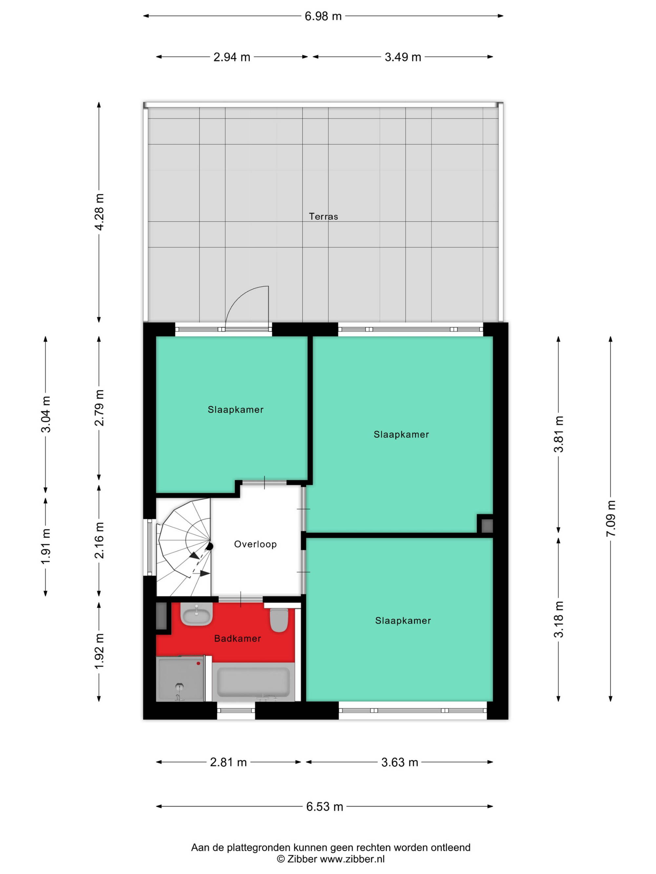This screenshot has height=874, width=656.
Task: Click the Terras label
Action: click(323, 216)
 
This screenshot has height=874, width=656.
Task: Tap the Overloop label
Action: click(255, 544)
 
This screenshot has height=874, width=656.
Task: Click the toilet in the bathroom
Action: click(279, 620)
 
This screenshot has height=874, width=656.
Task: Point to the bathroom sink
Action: click(196, 614)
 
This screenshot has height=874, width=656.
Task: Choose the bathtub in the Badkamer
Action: click(254, 682)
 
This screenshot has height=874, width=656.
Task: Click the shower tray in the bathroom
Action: click(180, 679)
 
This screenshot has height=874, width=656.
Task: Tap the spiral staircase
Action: click(184, 547)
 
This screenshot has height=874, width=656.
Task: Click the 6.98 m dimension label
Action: click(323, 16)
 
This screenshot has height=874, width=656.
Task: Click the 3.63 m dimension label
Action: click(400, 762)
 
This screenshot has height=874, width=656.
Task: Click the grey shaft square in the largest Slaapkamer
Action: click(487, 526)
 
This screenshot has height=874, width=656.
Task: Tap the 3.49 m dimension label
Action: click(402, 57)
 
